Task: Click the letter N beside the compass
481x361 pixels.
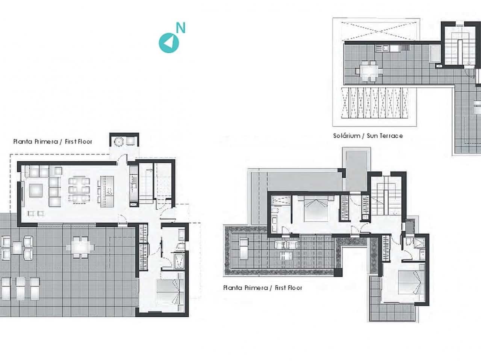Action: [x=181, y=28]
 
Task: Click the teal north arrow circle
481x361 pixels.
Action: [x=169, y=43]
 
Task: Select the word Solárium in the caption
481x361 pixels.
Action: [x=346, y=136]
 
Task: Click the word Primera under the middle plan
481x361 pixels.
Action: [x=256, y=288]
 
